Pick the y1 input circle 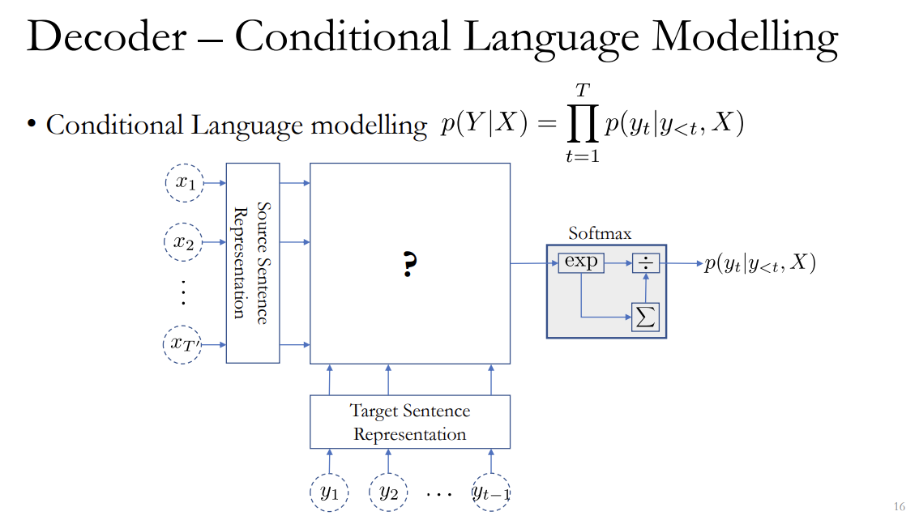(329, 492)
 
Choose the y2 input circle (388, 492)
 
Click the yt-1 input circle (491, 492)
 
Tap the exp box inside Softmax (580, 262)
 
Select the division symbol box (645, 262)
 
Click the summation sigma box (645, 317)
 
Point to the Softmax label (600, 233)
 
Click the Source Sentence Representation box (252, 262)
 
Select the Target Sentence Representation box (410, 422)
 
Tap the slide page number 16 (899, 507)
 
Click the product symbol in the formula (582, 125)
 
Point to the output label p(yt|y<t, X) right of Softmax (759, 263)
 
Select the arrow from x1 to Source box (215, 183)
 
